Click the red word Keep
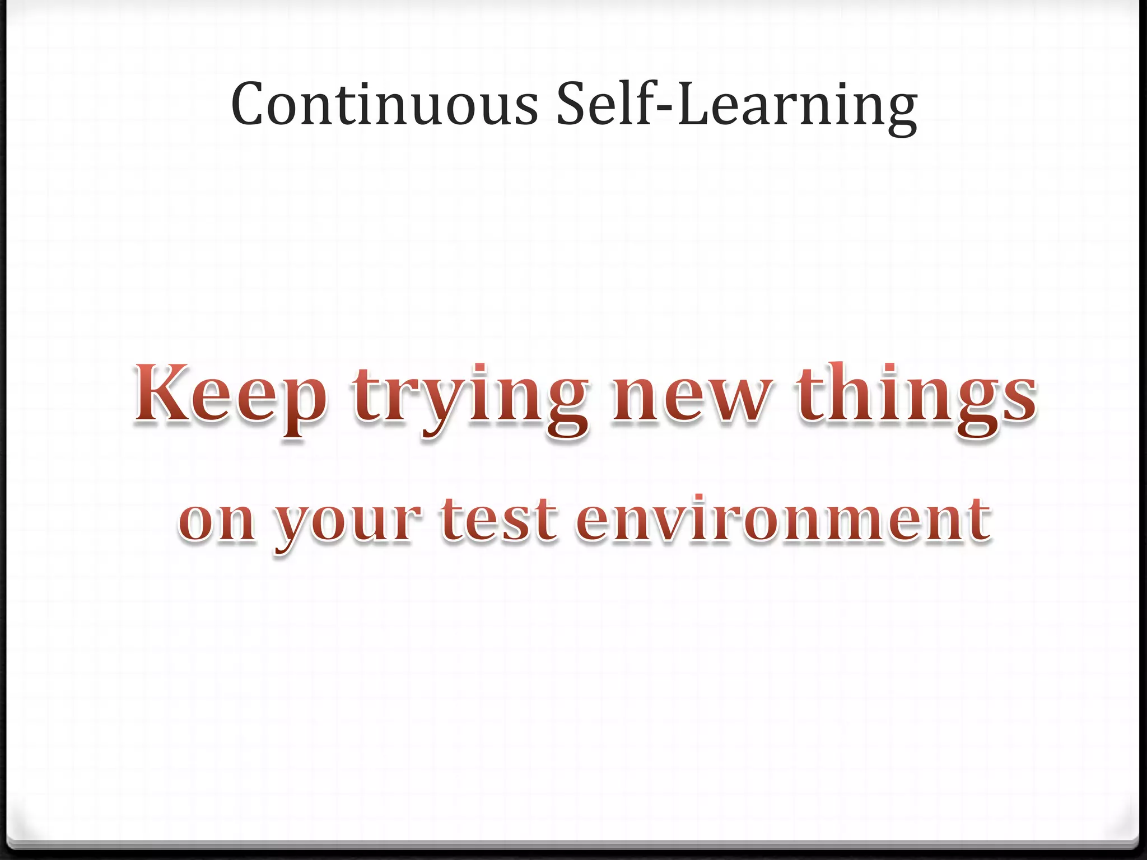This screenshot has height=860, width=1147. [230, 395]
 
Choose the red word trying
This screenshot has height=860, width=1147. [470, 398]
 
